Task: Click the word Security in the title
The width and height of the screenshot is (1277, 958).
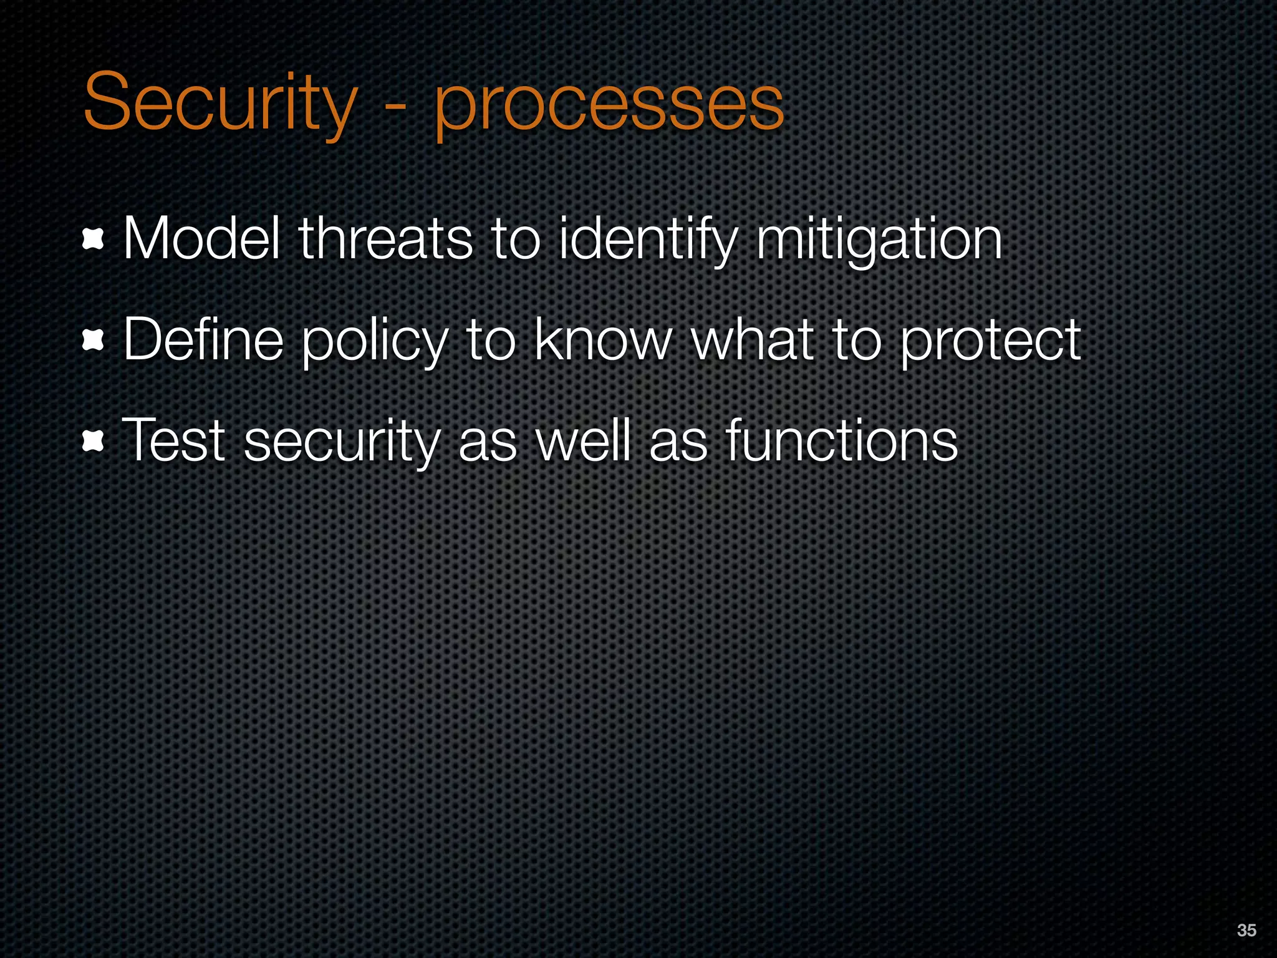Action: click(219, 103)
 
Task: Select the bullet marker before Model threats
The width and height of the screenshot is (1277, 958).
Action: click(93, 241)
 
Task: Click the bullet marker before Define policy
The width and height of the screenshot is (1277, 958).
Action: click(93, 341)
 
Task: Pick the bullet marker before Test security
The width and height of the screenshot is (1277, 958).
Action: click(93, 442)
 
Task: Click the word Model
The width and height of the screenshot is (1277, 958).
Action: click(201, 239)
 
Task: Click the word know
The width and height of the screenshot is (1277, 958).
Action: click(602, 339)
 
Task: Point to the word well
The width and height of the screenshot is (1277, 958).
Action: click(584, 440)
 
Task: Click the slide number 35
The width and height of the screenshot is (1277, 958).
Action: click(1246, 930)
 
